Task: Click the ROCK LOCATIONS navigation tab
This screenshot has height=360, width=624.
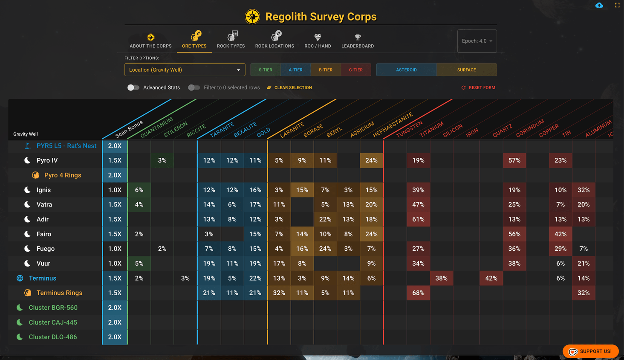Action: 274,40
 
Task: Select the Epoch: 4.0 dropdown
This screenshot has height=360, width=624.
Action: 477,41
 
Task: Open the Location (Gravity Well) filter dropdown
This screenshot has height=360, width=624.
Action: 185,70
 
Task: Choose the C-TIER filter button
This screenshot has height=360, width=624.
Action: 355,70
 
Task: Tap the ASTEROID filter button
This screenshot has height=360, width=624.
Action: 406,70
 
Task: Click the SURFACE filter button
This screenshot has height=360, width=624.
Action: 466,70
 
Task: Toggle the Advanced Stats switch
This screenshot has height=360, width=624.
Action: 133,87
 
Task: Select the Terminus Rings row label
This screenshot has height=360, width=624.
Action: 59,293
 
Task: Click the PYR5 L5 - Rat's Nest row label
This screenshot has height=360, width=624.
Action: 66,146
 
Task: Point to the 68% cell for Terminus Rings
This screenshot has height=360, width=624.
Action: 418,293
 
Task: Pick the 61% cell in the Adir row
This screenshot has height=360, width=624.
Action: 418,219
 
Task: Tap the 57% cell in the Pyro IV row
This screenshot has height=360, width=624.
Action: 514,160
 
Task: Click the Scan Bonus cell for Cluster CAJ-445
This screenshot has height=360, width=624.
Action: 115,322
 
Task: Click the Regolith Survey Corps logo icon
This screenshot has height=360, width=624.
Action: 252,17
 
